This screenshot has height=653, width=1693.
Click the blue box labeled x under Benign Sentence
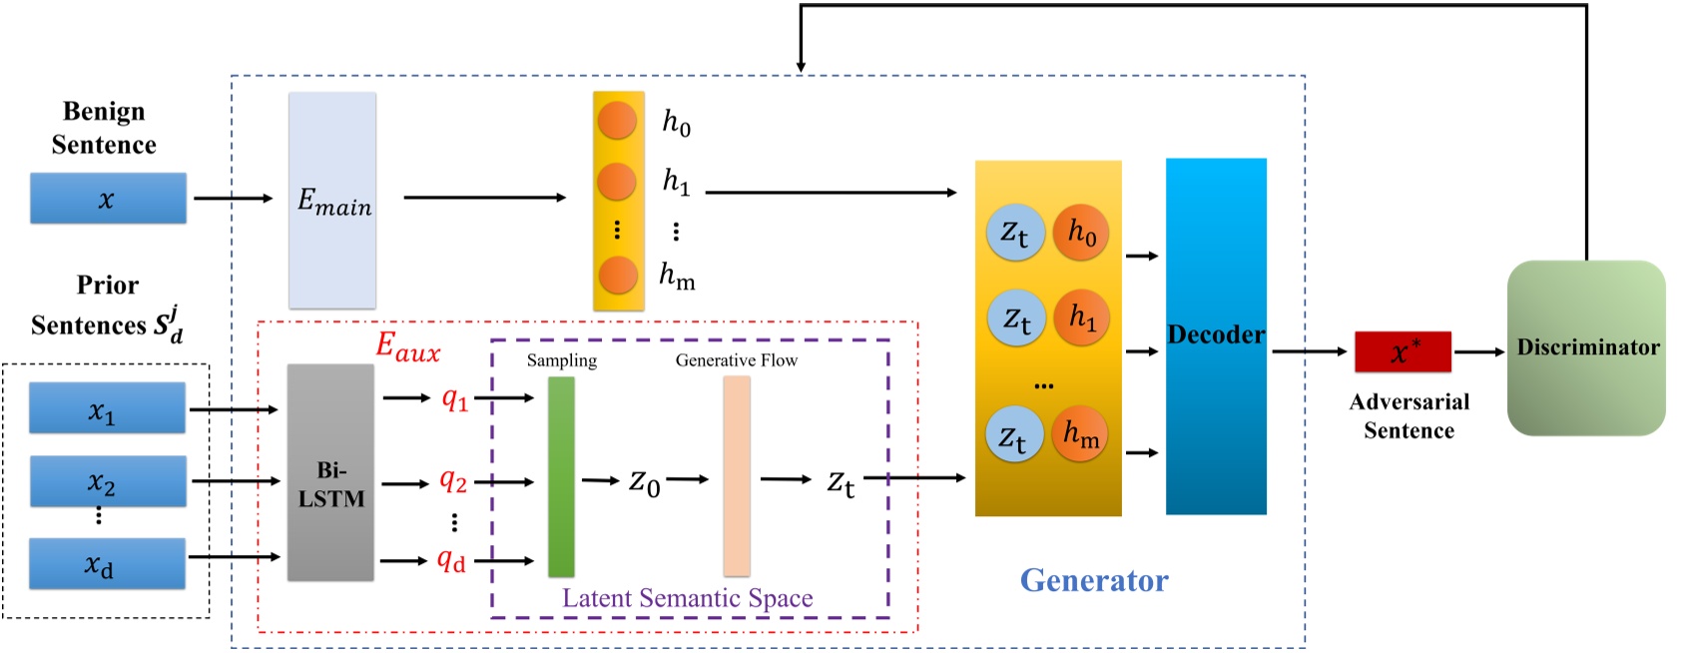(108, 199)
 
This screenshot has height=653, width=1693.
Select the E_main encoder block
(332, 201)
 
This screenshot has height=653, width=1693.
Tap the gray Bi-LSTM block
(330, 472)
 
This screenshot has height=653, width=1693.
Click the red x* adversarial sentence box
(1403, 351)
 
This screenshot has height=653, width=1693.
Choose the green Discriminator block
(1586, 347)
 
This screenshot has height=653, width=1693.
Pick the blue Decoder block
(1216, 336)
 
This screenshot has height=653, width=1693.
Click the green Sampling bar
(561, 476)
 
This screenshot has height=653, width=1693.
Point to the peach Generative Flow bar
(737, 476)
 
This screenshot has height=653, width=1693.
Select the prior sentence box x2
(108, 482)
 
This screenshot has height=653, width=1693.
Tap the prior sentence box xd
(107, 564)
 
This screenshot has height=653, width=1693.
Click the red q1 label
(454, 399)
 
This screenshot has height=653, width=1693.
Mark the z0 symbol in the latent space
(645, 482)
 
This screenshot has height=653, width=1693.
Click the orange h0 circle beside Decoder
(1082, 233)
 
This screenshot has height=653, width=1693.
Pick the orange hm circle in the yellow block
(1081, 434)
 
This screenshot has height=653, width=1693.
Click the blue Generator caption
(1094, 580)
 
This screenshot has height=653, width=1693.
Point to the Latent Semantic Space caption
(687, 598)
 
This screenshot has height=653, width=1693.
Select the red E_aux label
(407, 346)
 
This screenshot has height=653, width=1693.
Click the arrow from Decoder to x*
(1309, 351)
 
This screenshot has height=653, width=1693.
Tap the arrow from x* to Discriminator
(1478, 351)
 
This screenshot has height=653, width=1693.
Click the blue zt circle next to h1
(1016, 319)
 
